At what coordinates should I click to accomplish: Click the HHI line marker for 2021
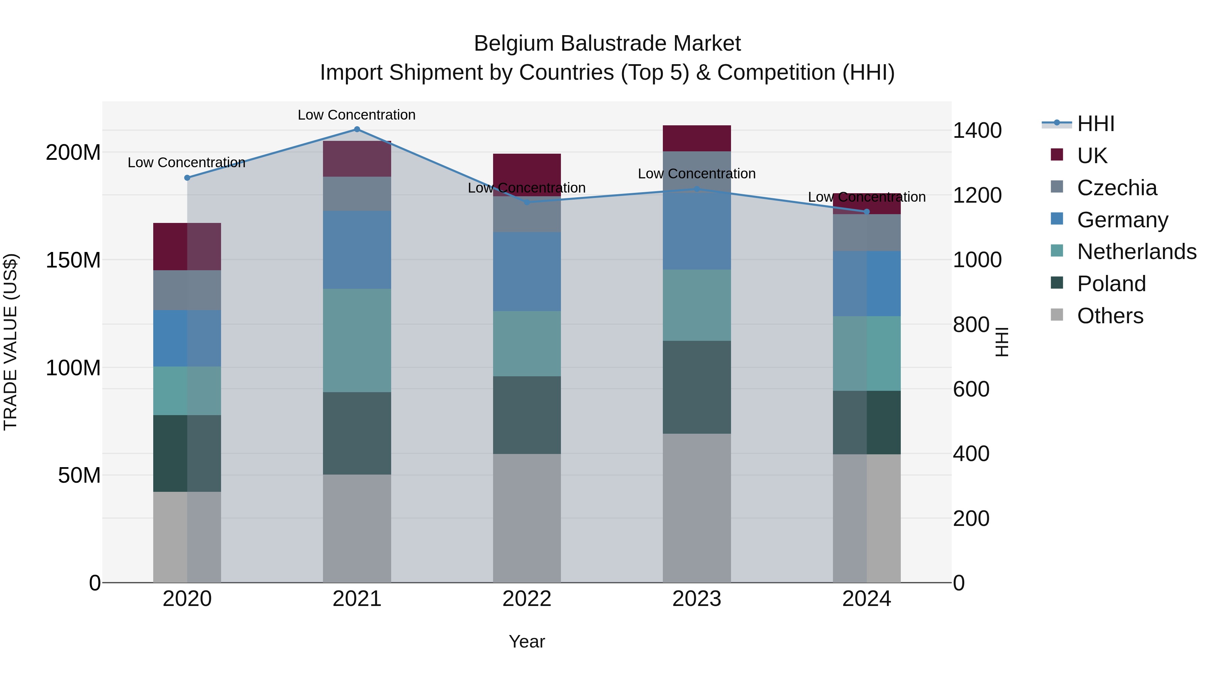click(357, 129)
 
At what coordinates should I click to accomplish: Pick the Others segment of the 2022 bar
click(527, 518)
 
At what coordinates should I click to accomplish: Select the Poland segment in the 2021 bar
click(357, 433)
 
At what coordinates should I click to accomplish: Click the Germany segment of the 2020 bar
click(187, 338)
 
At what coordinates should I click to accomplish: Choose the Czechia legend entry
click(1116, 188)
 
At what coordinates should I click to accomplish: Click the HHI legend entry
click(1095, 124)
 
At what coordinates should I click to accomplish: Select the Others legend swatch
click(1057, 315)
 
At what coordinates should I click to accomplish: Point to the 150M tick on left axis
click(73, 260)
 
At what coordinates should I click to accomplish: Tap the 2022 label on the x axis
click(527, 599)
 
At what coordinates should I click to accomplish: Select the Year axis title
click(527, 641)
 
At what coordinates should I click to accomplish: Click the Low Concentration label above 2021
click(357, 115)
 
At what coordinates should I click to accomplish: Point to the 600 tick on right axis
click(971, 389)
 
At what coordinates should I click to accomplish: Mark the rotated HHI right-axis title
click(1002, 342)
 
